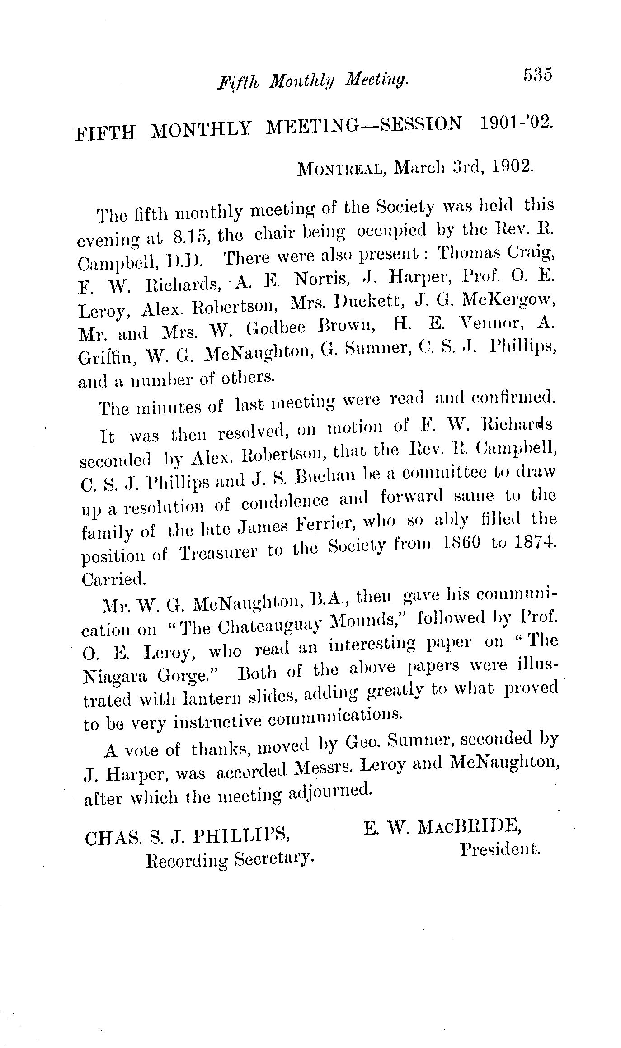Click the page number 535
[x=538, y=74]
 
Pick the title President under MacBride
[x=500, y=849]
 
